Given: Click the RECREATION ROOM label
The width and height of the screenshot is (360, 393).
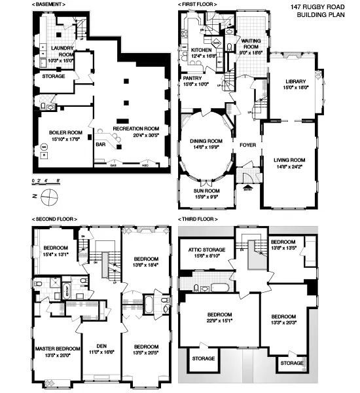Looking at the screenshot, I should (136, 128).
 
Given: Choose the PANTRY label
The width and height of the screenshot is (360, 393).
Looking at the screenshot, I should (192, 77).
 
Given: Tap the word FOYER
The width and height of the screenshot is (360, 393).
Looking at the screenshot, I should (248, 145).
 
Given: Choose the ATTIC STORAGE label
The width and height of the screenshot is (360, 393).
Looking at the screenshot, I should (207, 250).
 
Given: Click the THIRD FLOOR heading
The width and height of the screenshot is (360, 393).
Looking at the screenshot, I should (198, 219).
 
